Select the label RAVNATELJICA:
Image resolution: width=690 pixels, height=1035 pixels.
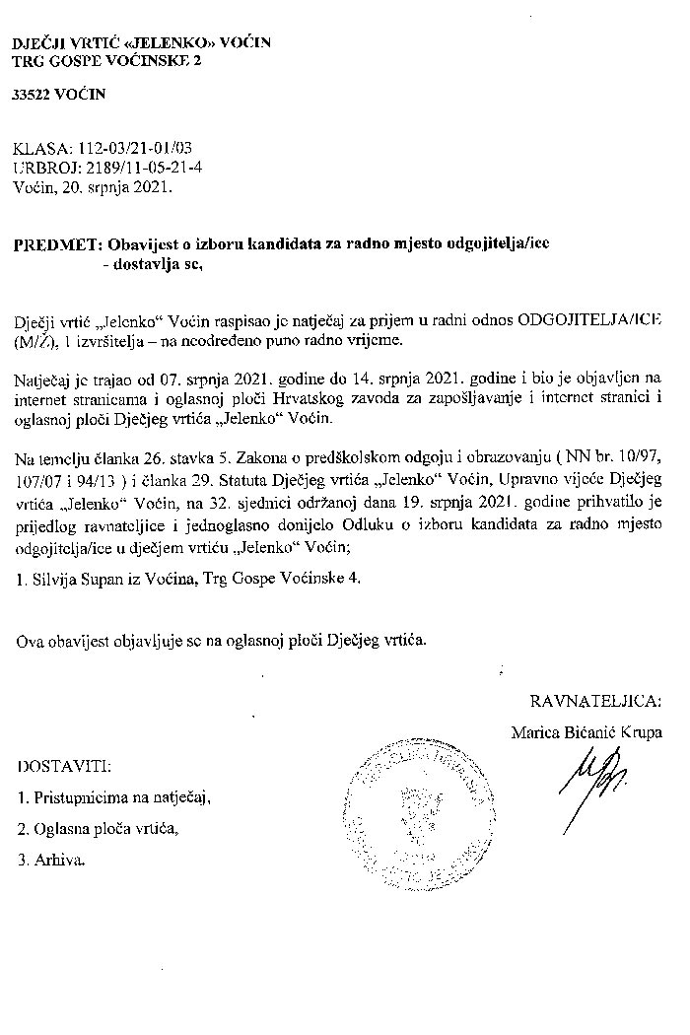pos(596,701)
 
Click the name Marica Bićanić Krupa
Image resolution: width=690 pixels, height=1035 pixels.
pos(587,732)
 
